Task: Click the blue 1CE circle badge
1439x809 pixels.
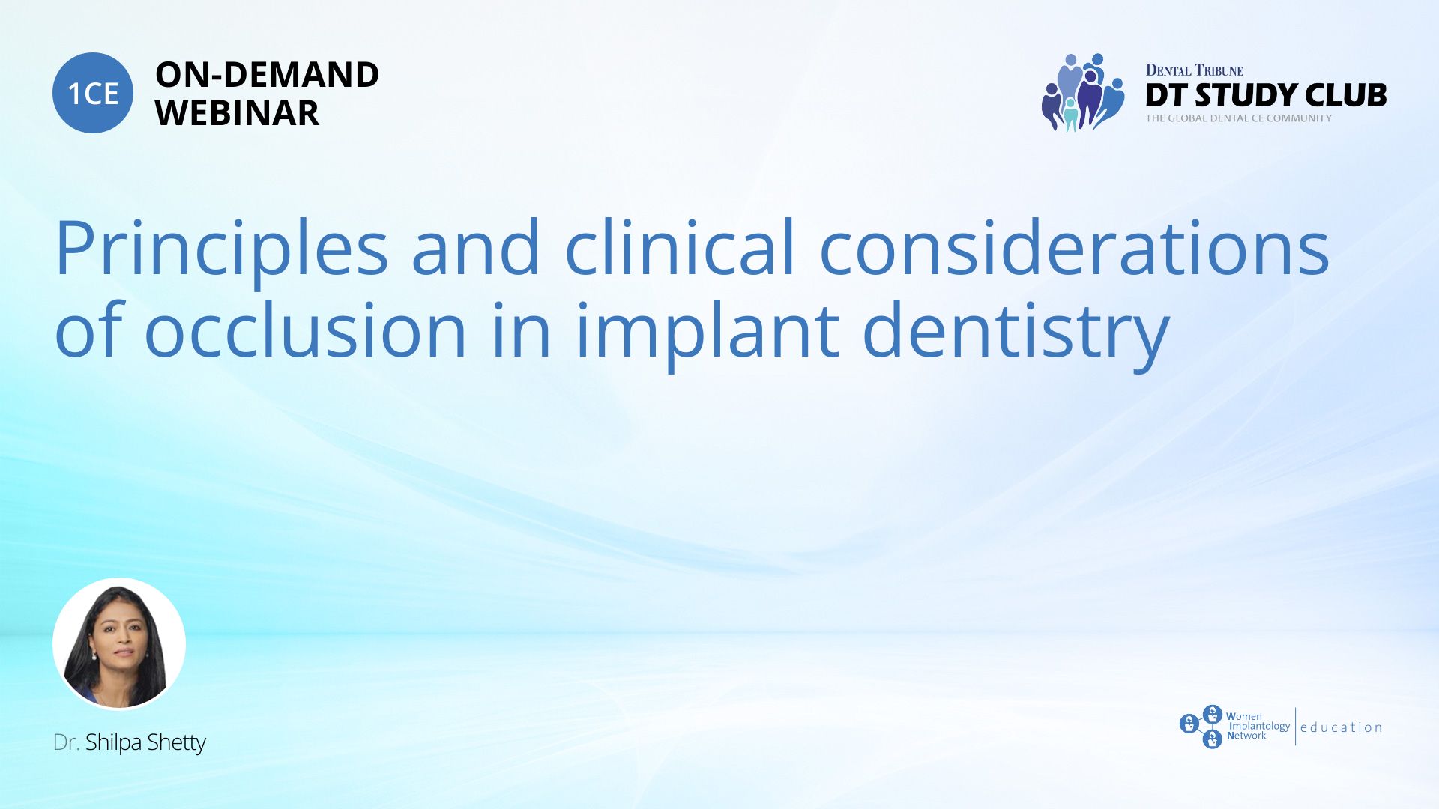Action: [x=93, y=93]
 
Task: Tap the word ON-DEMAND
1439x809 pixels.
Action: [x=267, y=75]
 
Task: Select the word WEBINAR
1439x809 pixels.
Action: [x=237, y=113]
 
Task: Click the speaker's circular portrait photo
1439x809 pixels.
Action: [x=119, y=643]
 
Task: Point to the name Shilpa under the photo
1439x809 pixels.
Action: [x=114, y=743]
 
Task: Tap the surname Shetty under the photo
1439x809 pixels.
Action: [x=177, y=743]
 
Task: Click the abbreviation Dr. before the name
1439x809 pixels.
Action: [x=67, y=742]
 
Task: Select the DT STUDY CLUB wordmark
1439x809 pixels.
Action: [x=1266, y=95]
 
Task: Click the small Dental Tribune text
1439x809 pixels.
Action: [x=1195, y=70]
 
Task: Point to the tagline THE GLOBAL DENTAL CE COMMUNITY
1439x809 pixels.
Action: [x=1239, y=118]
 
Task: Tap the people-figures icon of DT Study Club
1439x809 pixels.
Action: [x=1083, y=92]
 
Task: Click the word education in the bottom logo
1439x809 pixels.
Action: [x=1342, y=727]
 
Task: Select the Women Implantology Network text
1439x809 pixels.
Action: [x=1258, y=726]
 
